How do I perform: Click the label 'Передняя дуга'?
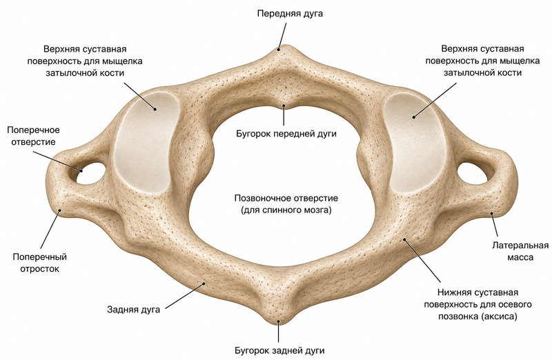(290, 14)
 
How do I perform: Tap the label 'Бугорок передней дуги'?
(286, 134)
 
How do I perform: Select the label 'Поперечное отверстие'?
(33, 136)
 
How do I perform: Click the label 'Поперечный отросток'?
(40, 263)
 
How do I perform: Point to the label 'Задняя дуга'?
(133, 310)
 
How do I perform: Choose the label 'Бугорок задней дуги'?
(279, 350)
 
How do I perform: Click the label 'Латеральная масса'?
(520, 251)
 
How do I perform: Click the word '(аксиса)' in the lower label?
(498, 317)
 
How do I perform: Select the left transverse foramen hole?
(91, 173)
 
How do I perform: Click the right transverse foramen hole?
(472, 173)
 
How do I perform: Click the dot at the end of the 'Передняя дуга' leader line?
(279, 50)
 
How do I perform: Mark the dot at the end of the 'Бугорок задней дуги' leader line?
(279, 321)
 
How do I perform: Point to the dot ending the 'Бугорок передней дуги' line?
(284, 105)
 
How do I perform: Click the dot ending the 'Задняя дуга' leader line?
(204, 283)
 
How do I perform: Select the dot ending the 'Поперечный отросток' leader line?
(60, 210)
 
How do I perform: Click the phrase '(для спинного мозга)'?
(286, 210)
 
